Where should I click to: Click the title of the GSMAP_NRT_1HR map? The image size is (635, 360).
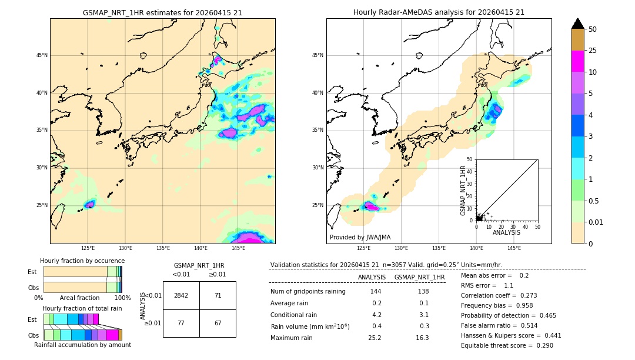(162, 12)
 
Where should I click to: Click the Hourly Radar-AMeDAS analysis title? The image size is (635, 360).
(439, 12)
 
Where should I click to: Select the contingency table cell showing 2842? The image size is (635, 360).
(181, 295)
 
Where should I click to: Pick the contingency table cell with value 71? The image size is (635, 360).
(218, 295)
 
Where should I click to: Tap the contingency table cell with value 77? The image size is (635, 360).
(181, 323)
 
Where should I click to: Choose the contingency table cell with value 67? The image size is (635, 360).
(218, 323)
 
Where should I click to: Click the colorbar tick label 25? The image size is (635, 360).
(593, 51)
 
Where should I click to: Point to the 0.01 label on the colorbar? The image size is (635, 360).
(595, 222)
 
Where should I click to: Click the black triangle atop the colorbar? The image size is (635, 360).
(578, 24)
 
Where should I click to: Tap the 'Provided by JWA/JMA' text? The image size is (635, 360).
(360, 237)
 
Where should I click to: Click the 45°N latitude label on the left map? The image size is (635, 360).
(41, 55)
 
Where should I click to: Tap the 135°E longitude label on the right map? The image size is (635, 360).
(439, 248)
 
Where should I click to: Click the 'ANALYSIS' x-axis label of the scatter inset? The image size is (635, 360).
(506, 233)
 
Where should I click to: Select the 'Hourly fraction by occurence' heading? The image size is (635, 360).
(82, 261)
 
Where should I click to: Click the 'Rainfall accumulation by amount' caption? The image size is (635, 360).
(82, 345)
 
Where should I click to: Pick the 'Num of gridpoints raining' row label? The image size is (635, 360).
(308, 291)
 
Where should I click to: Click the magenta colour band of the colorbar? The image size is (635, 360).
(578, 61)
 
